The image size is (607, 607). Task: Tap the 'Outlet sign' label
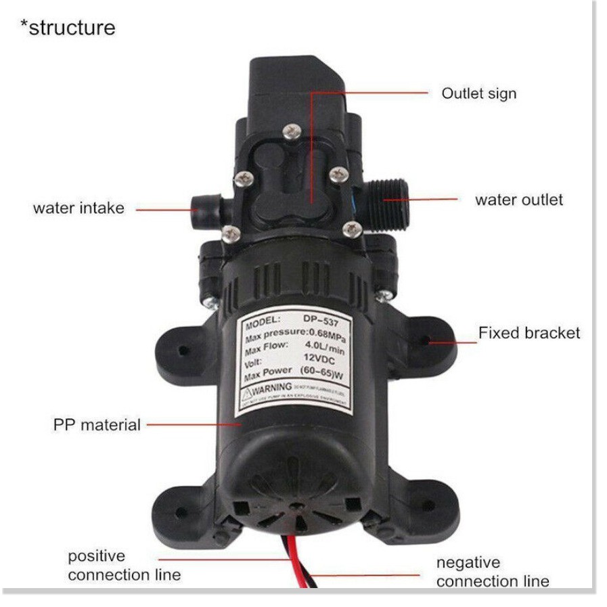pos(478,93)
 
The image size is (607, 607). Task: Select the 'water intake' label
pos(78,208)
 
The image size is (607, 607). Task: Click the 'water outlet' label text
pos(518,200)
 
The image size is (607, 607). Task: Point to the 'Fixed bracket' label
pos(529,333)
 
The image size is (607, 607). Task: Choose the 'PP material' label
pos(97,425)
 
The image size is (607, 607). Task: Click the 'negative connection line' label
pos(492,572)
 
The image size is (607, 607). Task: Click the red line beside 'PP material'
pos(192,425)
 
